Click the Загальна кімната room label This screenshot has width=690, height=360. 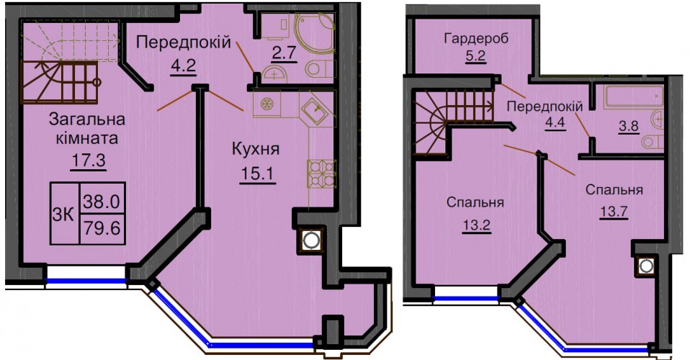[x=87, y=129]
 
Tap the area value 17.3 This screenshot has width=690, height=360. [x=88, y=160]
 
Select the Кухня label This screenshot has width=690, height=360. [x=256, y=150]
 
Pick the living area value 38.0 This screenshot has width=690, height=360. [x=102, y=202]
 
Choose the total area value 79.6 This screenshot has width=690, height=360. [x=102, y=228]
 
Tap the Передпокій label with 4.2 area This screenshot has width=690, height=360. [x=184, y=42]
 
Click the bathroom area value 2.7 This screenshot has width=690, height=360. [x=283, y=54]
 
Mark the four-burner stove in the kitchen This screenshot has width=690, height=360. [x=321, y=174]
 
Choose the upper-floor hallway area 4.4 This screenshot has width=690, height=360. [x=555, y=122]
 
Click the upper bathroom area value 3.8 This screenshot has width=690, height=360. [x=629, y=126]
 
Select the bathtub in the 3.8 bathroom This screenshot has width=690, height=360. [x=634, y=96]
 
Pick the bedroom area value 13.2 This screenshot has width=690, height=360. [x=476, y=226]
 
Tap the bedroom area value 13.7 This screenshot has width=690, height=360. [x=614, y=212]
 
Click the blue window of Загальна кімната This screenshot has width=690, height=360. [x=86, y=281]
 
